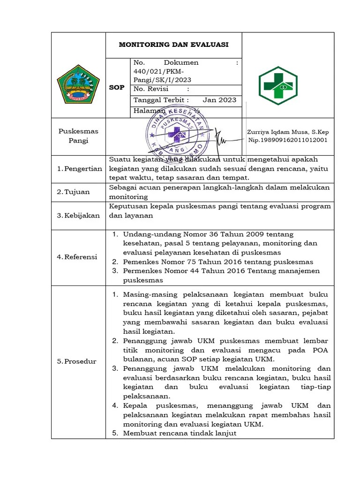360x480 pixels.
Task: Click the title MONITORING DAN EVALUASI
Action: (173, 45)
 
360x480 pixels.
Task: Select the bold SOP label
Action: (117, 88)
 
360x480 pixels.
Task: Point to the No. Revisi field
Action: (151, 89)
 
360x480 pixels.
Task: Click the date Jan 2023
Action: (219, 100)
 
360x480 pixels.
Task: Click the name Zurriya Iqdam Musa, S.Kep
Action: (288, 132)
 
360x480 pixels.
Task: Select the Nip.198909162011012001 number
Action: (288, 140)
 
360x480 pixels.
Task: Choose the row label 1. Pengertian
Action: (79, 169)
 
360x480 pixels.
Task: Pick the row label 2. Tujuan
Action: (73, 192)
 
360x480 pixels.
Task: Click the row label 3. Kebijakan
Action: (78, 215)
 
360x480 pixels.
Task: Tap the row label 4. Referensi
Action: (77, 257)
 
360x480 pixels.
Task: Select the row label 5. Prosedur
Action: (76, 361)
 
